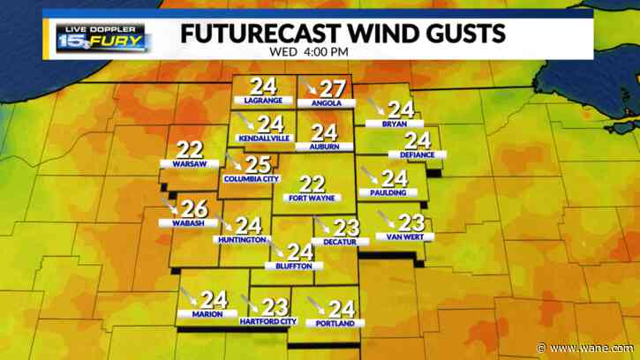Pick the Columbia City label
251,179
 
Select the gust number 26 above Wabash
196,209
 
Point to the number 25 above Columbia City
257,164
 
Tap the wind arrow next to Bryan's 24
375,109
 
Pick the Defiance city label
417,155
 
